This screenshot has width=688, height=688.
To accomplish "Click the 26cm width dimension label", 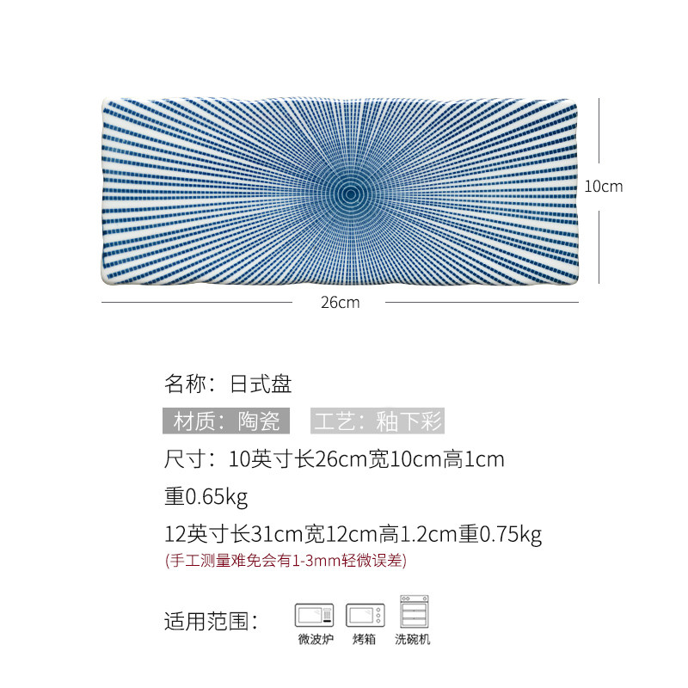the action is [x=339, y=302].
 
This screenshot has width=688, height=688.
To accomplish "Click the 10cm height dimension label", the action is [x=603, y=186].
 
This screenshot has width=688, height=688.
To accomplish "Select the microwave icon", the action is [x=314, y=616].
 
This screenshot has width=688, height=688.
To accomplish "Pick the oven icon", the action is [x=365, y=616].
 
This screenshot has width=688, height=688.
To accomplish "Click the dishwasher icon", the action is [x=414, y=611].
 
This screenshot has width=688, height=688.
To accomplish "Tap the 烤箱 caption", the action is [x=365, y=639].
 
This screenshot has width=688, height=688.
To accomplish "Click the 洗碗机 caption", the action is [x=413, y=639].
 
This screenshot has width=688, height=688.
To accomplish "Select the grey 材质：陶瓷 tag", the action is [x=226, y=421].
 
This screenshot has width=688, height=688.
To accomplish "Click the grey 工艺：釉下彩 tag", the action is [x=378, y=421].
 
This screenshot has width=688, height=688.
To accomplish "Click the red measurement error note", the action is [x=285, y=561].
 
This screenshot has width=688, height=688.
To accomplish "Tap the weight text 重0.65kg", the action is [x=206, y=496].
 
